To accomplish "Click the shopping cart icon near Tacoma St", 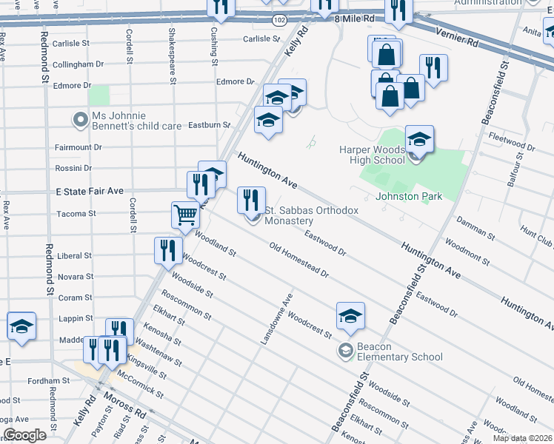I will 185,215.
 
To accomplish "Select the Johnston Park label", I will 409,196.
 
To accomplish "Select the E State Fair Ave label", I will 90,191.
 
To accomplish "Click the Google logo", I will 24,434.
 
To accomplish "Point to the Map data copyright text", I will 521,438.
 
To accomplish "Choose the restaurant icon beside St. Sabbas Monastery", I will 251,199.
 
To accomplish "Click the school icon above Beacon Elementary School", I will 350,315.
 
